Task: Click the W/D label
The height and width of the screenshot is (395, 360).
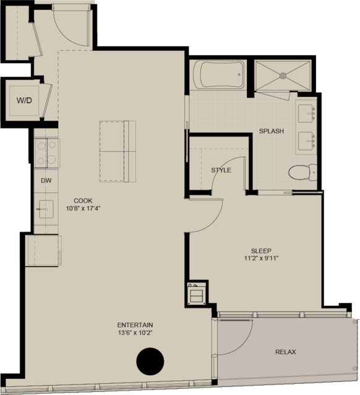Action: tap(24, 101)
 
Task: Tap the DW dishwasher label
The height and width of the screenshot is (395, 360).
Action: tap(46, 181)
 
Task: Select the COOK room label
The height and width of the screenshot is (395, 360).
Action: tap(83, 201)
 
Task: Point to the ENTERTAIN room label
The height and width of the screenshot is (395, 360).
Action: tap(135, 325)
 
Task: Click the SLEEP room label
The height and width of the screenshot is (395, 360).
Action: tap(261, 251)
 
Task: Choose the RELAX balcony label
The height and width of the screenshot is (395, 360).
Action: tap(286, 352)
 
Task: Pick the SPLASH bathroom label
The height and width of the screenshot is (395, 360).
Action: tap(272, 131)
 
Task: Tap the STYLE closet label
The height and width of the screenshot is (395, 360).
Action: tap(221, 170)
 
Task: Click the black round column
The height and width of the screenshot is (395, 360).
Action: tap(150, 362)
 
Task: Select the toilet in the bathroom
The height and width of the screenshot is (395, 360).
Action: tap(302, 172)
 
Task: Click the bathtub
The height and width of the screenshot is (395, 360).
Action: tap(219, 75)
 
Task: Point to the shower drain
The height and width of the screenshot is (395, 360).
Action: tap(283, 75)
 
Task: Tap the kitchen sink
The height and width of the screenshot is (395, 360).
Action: tap(46, 209)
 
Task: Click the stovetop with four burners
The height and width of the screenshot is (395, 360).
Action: tap(46, 153)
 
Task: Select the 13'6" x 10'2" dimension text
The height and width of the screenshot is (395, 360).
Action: tap(135, 333)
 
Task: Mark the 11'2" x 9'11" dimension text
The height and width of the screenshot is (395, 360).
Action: tap(261, 258)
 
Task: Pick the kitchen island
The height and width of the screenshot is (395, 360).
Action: tap(118, 151)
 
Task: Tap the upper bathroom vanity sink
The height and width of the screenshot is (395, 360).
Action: tap(306, 113)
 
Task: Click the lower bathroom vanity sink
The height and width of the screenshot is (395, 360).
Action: tap(306, 141)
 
